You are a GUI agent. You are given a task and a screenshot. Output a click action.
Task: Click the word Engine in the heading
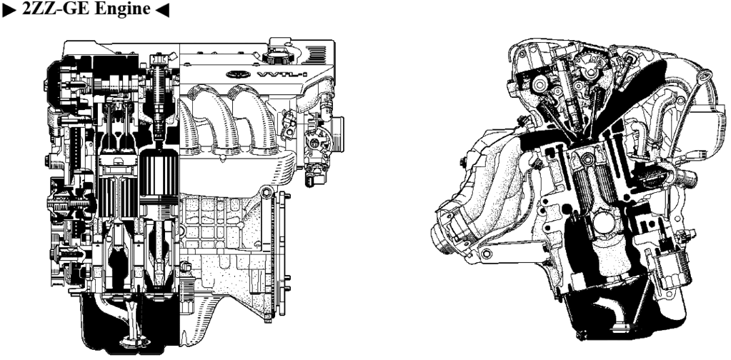122,9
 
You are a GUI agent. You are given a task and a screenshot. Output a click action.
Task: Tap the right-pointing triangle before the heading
9,9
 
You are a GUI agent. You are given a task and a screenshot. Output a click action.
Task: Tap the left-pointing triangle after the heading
161,9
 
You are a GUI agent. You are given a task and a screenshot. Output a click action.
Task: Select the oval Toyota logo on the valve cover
238,74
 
